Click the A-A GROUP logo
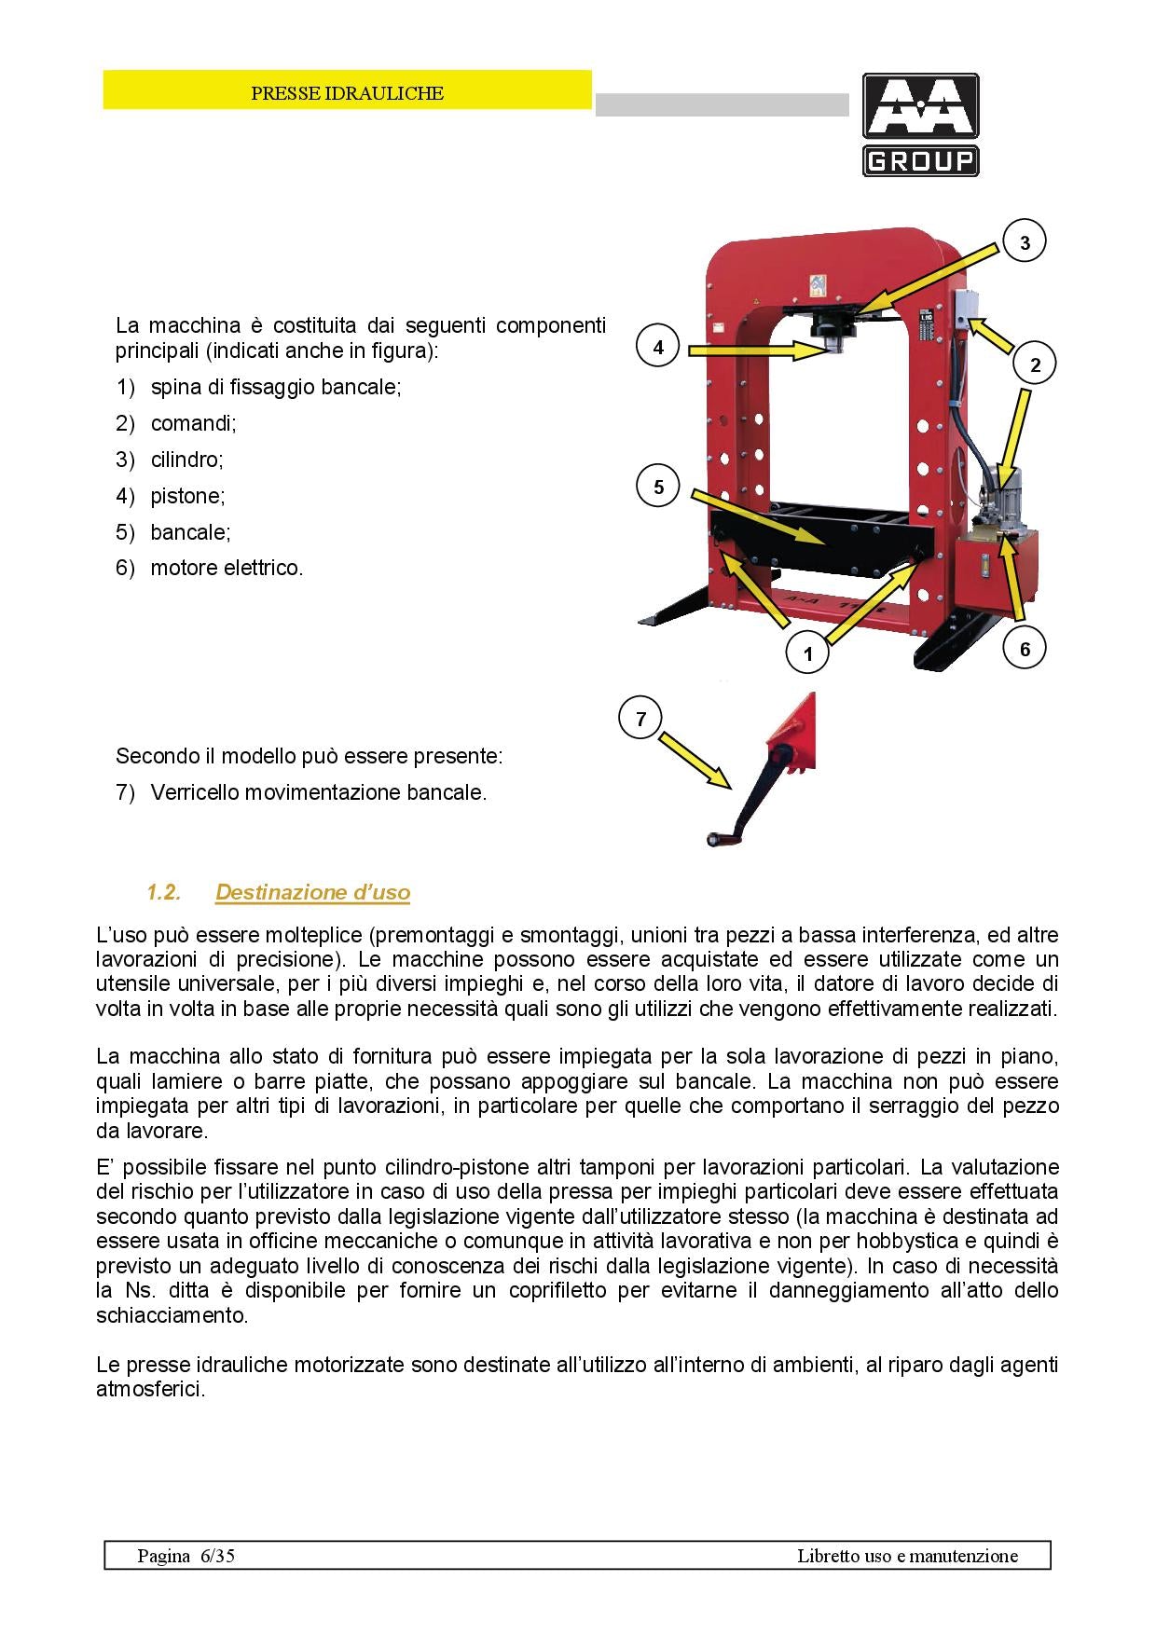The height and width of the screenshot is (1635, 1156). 920,125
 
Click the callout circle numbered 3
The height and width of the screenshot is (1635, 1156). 1025,243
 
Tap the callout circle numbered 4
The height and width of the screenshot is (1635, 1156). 658,348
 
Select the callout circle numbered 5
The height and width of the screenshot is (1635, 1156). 658,488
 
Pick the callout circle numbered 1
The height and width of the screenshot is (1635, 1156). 807,653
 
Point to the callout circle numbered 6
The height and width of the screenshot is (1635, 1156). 1025,649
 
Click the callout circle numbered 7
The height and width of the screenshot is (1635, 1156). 640,719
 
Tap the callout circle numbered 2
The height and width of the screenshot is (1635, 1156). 1035,364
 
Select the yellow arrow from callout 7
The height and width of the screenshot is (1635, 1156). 694,761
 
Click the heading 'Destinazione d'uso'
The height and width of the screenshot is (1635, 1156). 312,892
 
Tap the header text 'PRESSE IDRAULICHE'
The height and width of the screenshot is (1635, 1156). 347,93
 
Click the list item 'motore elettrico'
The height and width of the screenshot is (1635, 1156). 227,568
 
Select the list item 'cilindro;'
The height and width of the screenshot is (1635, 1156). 186,460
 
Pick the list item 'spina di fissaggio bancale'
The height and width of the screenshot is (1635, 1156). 275,387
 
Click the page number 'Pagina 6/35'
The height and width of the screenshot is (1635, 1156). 186,1556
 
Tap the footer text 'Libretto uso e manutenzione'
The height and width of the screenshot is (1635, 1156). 907,1556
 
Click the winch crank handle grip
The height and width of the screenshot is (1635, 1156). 719,840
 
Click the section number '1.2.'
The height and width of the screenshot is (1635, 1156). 163,892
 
